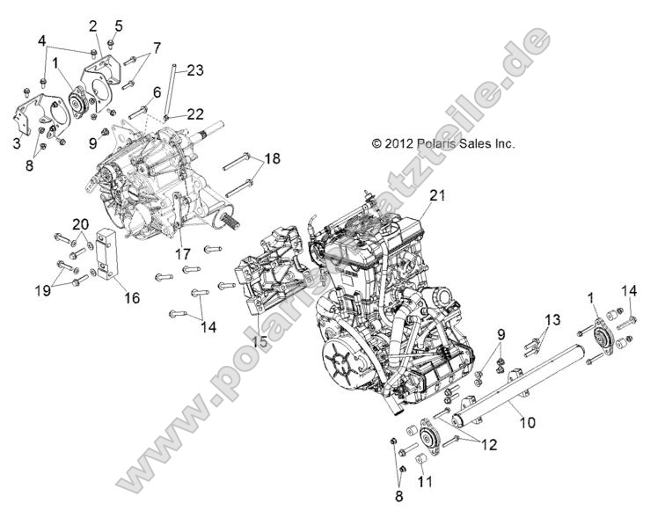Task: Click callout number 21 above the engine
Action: coord(438,195)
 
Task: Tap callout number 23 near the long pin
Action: coord(194,69)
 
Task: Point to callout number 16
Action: coord(131,298)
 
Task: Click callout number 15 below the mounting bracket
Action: coord(262,340)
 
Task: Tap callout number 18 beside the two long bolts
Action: coord(273,159)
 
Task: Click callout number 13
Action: coord(551,319)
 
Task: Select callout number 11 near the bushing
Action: coord(424,481)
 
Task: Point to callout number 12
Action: coord(489,445)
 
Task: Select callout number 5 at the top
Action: coord(119,25)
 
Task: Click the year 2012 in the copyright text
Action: coord(391,142)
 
